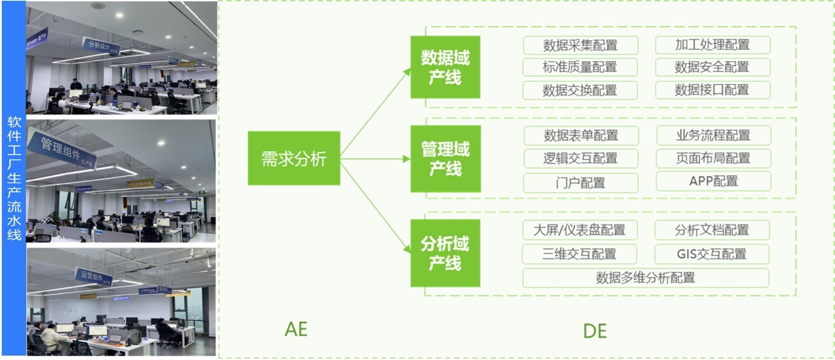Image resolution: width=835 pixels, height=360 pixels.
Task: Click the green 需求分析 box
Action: point(294,159)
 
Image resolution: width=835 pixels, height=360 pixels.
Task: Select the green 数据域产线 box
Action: point(445,67)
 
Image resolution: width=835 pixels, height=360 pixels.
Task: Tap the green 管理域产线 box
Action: point(445,158)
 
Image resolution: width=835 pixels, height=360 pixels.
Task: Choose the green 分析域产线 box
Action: point(445,253)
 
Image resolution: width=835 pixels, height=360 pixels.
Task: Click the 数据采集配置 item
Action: point(580,45)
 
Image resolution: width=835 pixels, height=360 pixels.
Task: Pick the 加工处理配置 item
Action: point(712,45)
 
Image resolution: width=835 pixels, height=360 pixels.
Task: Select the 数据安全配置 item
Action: point(712,67)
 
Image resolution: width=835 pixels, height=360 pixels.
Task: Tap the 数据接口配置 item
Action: point(712,90)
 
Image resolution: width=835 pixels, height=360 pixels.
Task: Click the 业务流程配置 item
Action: point(713,135)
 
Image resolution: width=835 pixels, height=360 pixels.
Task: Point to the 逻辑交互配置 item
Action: point(581,158)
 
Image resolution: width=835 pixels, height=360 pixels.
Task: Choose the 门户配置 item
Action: point(581,183)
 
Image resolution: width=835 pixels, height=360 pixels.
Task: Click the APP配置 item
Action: point(713,181)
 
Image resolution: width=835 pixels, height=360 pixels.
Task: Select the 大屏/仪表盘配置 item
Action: point(579,230)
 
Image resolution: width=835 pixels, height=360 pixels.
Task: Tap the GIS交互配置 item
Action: point(712,254)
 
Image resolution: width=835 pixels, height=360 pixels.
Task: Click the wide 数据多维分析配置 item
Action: point(645,278)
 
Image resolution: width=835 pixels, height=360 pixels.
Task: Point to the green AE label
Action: point(296,329)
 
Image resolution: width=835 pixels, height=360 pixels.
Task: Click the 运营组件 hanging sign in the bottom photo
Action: point(93,277)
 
